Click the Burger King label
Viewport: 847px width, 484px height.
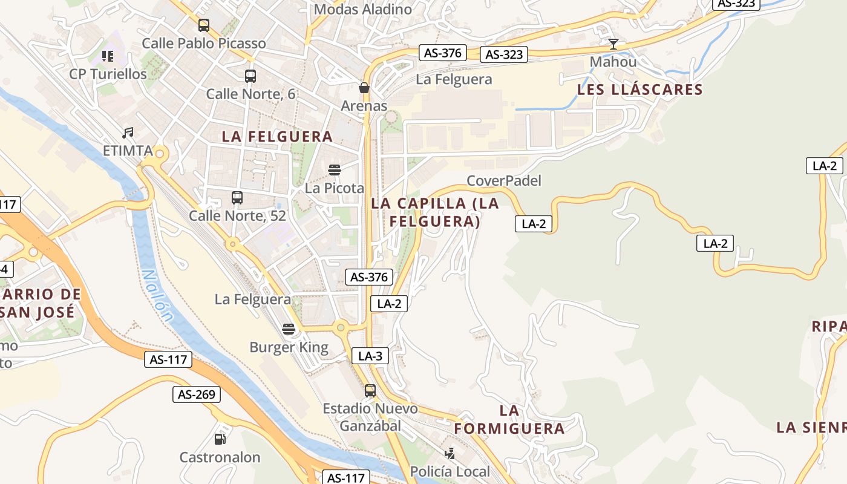coord(289,347)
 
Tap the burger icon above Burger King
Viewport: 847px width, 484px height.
coord(289,329)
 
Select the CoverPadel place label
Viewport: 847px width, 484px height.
coord(504,180)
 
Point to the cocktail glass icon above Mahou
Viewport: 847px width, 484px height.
coord(613,44)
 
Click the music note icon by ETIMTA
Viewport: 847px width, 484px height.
coord(128,132)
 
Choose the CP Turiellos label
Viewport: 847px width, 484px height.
coord(108,74)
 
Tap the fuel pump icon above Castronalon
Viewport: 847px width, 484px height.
coord(220,439)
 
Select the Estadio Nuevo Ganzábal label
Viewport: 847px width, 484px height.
coord(370,417)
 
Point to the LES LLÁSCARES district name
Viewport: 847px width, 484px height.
coord(640,90)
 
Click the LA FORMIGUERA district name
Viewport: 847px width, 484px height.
coord(509,419)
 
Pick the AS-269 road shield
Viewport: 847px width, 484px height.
coord(197,394)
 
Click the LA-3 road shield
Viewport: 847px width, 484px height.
coord(370,356)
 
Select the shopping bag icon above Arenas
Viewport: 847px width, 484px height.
coord(364,88)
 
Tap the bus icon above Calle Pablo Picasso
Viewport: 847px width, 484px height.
coord(204,25)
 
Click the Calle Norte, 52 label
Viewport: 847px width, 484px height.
coord(237,215)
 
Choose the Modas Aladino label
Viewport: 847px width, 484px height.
coord(363,9)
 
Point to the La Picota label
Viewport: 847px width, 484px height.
coord(335,188)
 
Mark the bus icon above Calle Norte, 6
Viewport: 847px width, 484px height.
coord(250,76)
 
